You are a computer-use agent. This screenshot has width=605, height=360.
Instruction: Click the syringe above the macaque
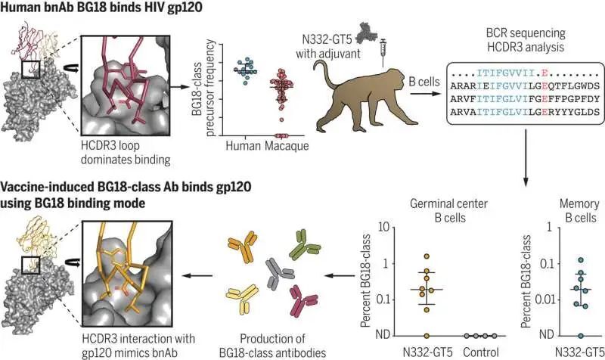(x=384, y=53)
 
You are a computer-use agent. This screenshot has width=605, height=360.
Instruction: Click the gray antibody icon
(x=280, y=274)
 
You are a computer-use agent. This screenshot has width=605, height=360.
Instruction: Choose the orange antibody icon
(x=243, y=246)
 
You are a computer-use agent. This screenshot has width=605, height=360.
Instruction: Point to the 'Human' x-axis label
(x=243, y=146)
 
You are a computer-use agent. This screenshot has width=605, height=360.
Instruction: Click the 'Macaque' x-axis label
(x=287, y=146)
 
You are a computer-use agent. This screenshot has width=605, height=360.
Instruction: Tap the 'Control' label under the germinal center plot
(x=481, y=352)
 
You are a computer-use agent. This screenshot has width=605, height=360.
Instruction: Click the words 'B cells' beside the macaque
(x=424, y=82)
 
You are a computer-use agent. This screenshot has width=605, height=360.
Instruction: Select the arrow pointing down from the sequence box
(x=526, y=158)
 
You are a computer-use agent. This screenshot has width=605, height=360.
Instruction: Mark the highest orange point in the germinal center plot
(x=427, y=256)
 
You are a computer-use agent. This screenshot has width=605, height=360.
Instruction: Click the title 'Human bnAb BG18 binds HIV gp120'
(x=101, y=7)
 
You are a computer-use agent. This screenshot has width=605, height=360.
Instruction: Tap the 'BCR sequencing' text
(x=526, y=33)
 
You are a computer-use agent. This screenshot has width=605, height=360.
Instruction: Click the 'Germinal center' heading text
(x=448, y=203)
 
